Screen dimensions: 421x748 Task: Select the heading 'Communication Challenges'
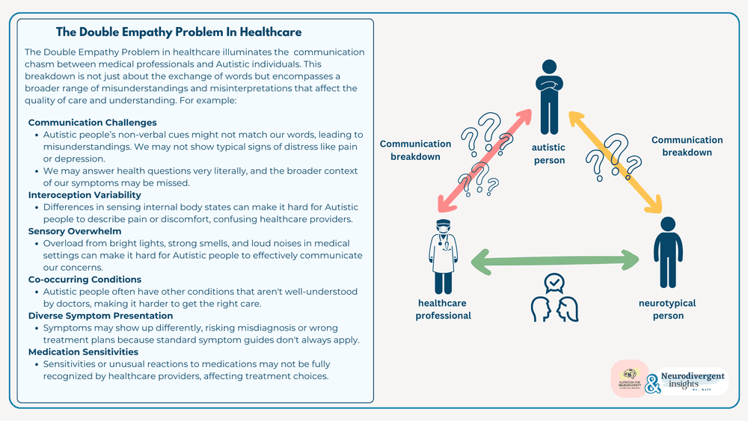pos(92,122)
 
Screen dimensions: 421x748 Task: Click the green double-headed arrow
pos(554,260)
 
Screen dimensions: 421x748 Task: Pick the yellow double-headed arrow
pos(616,161)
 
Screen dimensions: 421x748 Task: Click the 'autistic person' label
pos(550,154)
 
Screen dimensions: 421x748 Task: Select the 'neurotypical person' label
pos(667,309)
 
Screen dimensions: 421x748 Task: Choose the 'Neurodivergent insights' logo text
pos(683,381)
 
